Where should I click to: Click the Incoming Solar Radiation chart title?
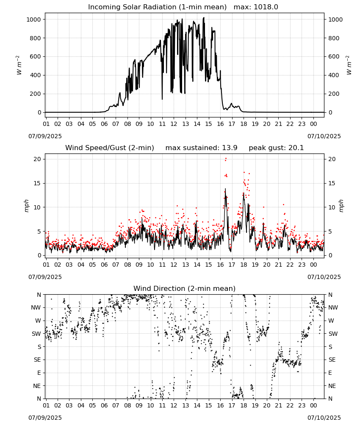(157, 7)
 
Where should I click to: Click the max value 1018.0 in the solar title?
(266, 7)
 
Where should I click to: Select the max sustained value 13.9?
(230, 148)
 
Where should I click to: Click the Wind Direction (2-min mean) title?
(185, 288)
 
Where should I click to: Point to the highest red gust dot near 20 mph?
(226, 159)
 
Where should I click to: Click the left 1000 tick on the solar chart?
(34, 20)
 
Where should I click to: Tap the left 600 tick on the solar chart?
(36, 56)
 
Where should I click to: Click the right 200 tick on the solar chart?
(334, 94)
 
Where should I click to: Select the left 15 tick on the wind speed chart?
(37, 183)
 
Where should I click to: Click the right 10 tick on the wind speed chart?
(332, 207)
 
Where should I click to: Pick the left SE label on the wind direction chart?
(37, 360)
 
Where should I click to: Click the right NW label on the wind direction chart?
(333, 307)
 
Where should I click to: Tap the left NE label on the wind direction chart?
(37, 386)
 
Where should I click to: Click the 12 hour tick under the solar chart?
(174, 124)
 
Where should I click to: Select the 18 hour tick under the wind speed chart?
(244, 265)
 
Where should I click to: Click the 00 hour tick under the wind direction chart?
(313, 406)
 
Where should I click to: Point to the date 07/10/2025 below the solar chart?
(324, 136)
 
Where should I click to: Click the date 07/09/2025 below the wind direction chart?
(45, 418)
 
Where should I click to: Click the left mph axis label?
(26, 206)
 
